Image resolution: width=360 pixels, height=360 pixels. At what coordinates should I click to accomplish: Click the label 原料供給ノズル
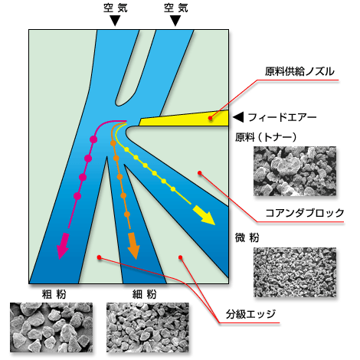tap(299, 71)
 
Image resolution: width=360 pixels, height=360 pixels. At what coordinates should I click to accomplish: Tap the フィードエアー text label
tap(282, 117)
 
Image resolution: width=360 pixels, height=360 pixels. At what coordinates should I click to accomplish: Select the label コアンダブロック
tap(305, 213)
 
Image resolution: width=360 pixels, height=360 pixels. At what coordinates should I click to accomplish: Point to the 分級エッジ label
tap(250, 314)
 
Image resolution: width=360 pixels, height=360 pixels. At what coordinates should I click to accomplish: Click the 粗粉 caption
tap(54, 295)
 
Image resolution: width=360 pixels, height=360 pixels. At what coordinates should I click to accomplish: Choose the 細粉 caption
tap(145, 295)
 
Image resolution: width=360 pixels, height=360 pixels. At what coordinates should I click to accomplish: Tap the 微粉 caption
tap(247, 237)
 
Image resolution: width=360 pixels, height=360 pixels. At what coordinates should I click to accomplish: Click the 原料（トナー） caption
tap(266, 137)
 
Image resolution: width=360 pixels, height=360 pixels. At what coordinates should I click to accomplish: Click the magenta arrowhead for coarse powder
tap(62, 246)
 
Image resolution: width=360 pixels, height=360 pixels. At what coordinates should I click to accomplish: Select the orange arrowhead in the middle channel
tap(133, 246)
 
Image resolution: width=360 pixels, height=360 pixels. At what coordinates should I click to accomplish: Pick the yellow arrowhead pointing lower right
tap(205, 216)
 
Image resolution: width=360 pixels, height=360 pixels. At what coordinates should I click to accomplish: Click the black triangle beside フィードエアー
tap(238, 117)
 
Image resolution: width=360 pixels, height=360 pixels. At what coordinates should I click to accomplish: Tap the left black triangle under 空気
tap(115, 21)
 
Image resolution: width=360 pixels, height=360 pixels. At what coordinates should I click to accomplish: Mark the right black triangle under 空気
tap(175, 21)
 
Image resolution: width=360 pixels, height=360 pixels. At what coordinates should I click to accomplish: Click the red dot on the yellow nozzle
tap(210, 118)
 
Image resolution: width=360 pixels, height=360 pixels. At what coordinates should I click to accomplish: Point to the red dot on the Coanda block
tap(200, 173)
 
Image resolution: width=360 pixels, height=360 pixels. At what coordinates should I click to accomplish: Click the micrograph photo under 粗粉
tap(51, 328)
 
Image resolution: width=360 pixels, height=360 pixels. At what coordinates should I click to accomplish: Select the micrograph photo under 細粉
tap(148, 328)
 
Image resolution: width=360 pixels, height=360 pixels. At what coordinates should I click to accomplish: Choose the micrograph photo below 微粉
tap(295, 272)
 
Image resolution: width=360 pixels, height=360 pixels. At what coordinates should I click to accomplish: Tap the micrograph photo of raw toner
tap(295, 171)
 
